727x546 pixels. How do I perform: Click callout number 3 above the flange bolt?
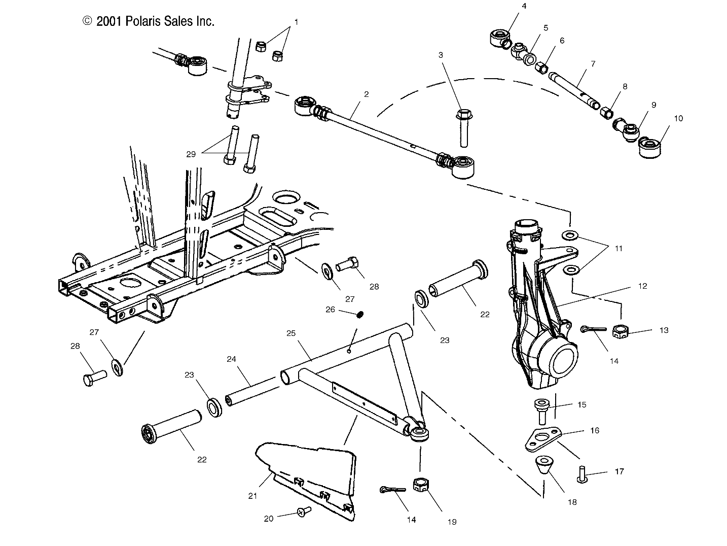point(441,55)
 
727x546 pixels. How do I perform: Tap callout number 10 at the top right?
point(678,118)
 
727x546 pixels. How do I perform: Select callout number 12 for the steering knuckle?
point(642,286)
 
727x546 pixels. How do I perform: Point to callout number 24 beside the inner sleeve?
point(231,359)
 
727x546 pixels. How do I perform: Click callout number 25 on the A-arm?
point(290,333)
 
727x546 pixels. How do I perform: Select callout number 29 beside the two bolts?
point(191,154)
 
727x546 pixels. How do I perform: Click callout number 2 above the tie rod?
point(366,94)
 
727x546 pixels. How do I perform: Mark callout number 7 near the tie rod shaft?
point(593,64)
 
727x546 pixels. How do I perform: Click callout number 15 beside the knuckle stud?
point(582,404)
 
